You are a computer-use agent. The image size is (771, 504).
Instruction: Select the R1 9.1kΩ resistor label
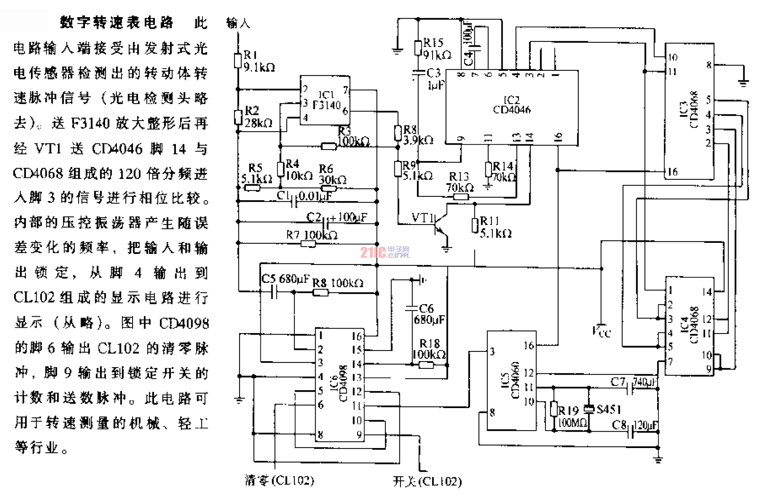[x=258, y=61]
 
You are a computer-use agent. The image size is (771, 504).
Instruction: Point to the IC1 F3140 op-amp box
[x=325, y=100]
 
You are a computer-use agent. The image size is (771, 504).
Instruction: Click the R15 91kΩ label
[x=436, y=49]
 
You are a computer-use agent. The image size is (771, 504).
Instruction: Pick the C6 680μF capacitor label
[x=429, y=314]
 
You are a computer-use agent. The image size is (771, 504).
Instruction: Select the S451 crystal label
[x=608, y=409]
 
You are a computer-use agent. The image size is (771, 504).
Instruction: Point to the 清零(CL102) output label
[x=279, y=480]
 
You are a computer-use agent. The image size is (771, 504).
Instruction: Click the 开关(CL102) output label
[x=427, y=482]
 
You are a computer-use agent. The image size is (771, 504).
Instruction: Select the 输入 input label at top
[x=238, y=23]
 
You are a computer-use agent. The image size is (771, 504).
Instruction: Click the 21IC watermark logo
[x=385, y=252]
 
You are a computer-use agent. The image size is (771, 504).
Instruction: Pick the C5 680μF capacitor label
[x=285, y=279]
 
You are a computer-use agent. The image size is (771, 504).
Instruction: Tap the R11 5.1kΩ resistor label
[x=495, y=227]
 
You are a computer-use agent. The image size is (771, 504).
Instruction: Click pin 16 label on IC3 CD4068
[x=672, y=172]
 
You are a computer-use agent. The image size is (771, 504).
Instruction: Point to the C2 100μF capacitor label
[x=337, y=217]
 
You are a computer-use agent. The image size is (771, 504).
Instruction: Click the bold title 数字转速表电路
[x=117, y=22]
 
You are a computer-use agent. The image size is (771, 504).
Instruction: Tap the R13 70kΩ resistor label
[x=460, y=182]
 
